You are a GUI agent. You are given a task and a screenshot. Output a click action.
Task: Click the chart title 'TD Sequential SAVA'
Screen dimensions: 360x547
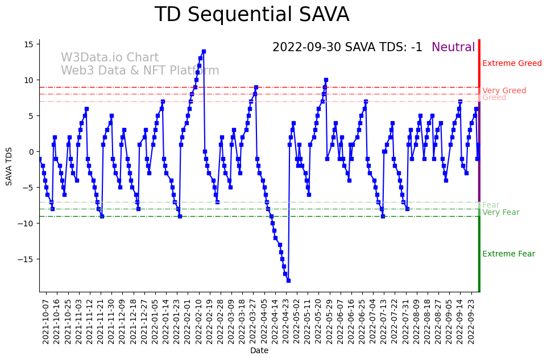coord(252,15)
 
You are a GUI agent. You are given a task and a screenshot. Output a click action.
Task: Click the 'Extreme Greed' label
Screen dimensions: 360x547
coord(512,63)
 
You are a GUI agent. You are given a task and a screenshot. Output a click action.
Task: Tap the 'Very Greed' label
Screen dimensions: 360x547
coord(504,90)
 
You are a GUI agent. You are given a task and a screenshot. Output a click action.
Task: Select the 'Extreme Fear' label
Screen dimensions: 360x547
coord(508,254)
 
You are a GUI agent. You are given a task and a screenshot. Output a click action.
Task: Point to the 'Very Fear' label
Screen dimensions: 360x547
coord(500,212)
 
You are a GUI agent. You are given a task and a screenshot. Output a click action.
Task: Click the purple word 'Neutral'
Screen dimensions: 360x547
coord(453,48)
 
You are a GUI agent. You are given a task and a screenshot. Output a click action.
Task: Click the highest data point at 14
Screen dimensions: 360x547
coord(204,51)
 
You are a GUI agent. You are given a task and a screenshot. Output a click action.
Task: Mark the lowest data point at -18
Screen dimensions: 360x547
coord(288,280)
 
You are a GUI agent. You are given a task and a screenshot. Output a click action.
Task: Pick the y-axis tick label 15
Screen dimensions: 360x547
coord(30,44)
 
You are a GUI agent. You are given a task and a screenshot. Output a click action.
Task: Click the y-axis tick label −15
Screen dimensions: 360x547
coord(28,259)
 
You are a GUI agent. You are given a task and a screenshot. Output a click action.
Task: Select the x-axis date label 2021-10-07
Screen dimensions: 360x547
coord(46,320)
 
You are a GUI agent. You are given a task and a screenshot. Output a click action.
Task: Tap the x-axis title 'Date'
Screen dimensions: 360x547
coord(259,351)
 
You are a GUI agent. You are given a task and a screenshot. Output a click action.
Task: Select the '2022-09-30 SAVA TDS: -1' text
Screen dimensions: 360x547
coord(347,48)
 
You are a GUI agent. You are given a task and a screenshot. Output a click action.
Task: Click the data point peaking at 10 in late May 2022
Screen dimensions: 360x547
coord(326,80)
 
